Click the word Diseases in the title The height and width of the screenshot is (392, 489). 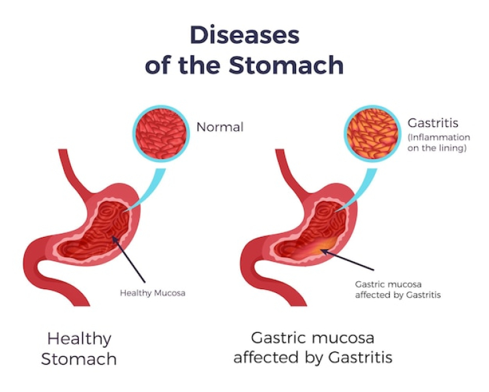[244, 35]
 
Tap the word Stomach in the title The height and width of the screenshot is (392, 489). [286, 64]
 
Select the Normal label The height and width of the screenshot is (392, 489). [220, 127]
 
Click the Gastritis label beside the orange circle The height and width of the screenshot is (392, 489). [433, 123]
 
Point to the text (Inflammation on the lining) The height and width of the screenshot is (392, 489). [439, 143]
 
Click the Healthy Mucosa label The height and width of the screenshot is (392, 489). [153, 293]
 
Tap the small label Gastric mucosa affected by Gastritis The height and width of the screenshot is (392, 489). [398, 290]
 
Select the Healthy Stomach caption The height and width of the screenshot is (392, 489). [79, 349]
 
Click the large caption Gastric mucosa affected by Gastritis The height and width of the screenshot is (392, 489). [313, 348]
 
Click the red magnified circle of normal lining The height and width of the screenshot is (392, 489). [161, 133]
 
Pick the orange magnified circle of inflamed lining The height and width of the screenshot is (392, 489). [372, 133]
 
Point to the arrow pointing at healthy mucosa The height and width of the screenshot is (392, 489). [128, 259]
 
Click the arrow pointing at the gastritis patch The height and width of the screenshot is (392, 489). [348, 259]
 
